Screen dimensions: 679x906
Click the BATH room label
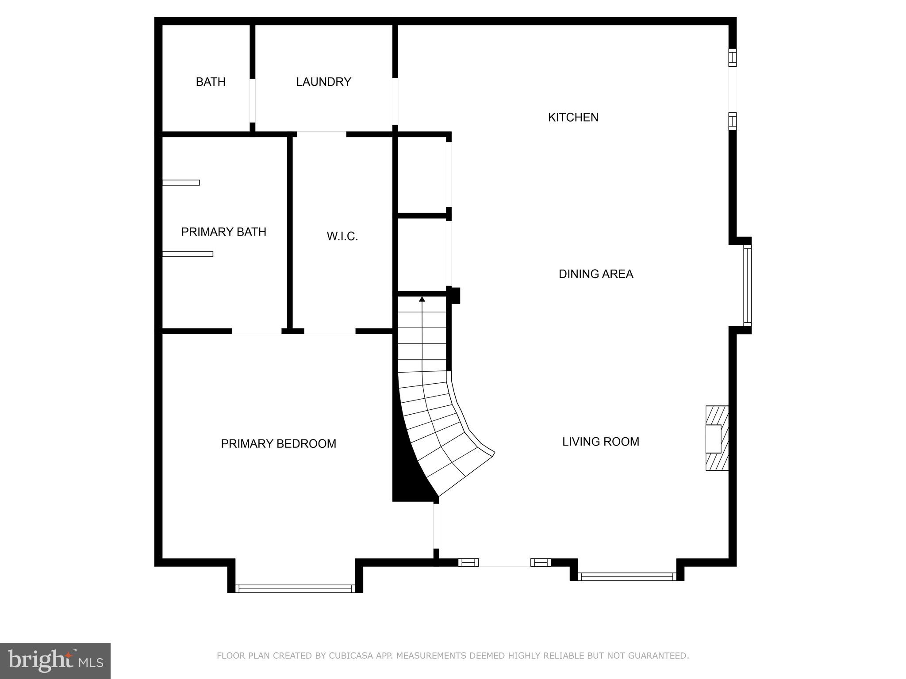pyautogui.click(x=211, y=82)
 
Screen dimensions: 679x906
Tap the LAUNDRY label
pyautogui.click(x=323, y=82)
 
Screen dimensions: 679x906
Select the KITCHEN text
pyautogui.click(x=573, y=117)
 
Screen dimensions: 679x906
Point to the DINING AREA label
pyautogui.click(x=595, y=274)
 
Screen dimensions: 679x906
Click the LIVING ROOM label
pyautogui.click(x=600, y=442)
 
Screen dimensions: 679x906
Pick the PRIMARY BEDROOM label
pyautogui.click(x=278, y=444)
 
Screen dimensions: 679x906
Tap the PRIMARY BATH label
pyautogui.click(x=223, y=232)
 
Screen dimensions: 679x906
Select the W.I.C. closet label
pyautogui.click(x=342, y=237)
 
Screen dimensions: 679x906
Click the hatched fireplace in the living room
pyautogui.click(x=717, y=438)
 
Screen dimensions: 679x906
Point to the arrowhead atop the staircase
pyautogui.click(x=422, y=299)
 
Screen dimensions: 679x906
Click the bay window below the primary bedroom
pyautogui.click(x=295, y=588)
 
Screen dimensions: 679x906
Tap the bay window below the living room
pyautogui.click(x=627, y=576)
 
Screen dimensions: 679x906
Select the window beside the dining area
pyautogui.click(x=747, y=286)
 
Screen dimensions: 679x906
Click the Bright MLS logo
pyautogui.click(x=55, y=660)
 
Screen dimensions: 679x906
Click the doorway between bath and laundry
pyautogui.click(x=253, y=100)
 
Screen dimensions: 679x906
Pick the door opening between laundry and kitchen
pyautogui.click(x=395, y=101)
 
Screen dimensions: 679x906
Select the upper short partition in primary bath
pyautogui.click(x=181, y=183)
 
